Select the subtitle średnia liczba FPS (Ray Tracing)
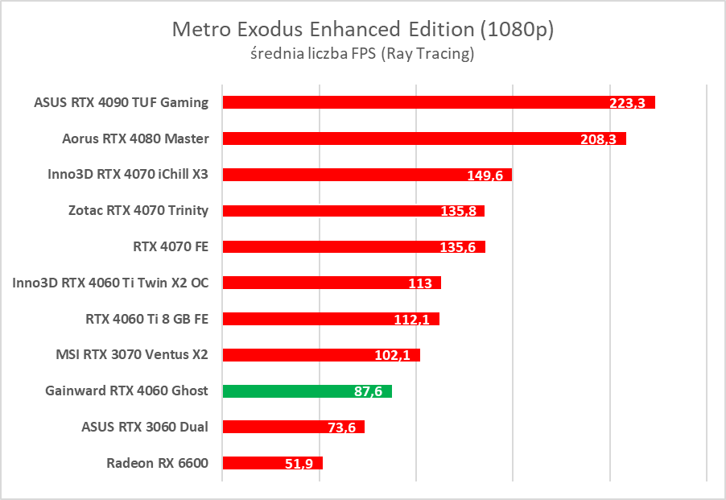tap(363, 55)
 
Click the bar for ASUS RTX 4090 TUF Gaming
tap(402, 102)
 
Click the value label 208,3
tap(598, 139)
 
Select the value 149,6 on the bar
tap(485, 176)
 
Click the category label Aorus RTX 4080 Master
tap(135, 138)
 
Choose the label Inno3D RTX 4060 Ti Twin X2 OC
tap(110, 283)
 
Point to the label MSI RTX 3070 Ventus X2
tap(131, 354)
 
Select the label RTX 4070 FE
tap(171, 246)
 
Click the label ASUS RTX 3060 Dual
tap(145, 427)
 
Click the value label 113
tap(420, 283)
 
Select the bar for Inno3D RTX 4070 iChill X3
tap(338, 175)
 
